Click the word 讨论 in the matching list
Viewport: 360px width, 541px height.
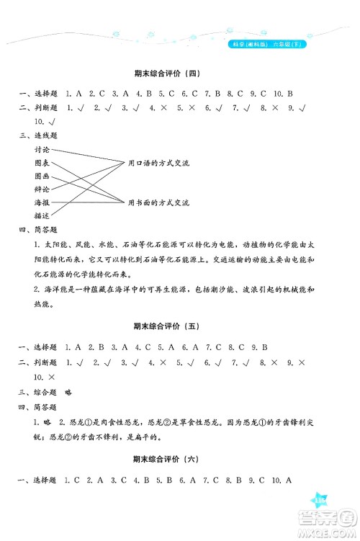[x=42, y=150]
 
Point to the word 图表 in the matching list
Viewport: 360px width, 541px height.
[x=42, y=163]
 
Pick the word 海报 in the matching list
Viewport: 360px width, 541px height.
[x=42, y=202]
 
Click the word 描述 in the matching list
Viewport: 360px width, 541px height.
[x=42, y=215]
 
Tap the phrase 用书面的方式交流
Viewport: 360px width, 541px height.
[x=158, y=203]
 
